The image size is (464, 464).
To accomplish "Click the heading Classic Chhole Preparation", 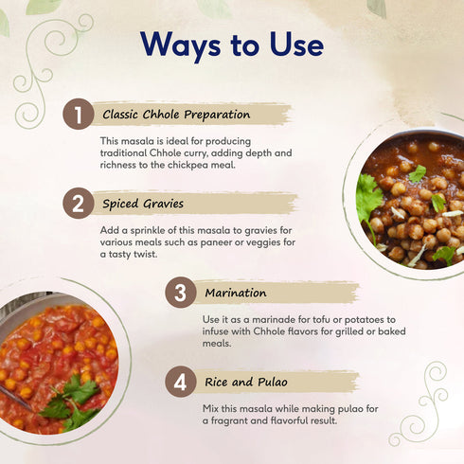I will coord(177,116).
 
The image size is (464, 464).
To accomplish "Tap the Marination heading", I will coord(236,293).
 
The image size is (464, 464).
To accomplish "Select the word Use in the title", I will coord(294,45).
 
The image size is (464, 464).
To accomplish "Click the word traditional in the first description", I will coord(131,152).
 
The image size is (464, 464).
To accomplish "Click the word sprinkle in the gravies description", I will coord(151,229).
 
